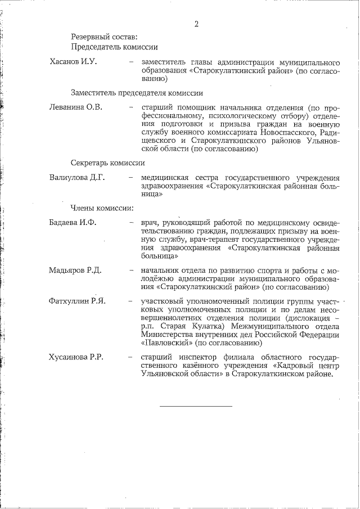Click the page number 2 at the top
(x=196, y=24)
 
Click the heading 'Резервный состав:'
(x=104, y=37)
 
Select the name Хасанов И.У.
(x=74, y=61)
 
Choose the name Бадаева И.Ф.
(x=73, y=222)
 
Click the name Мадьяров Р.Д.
(x=75, y=271)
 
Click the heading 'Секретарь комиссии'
(x=108, y=163)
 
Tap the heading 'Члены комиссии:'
(x=102, y=208)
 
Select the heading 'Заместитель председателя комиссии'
(x=137, y=93)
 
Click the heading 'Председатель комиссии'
(x=114, y=48)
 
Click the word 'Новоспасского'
(x=289, y=132)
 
